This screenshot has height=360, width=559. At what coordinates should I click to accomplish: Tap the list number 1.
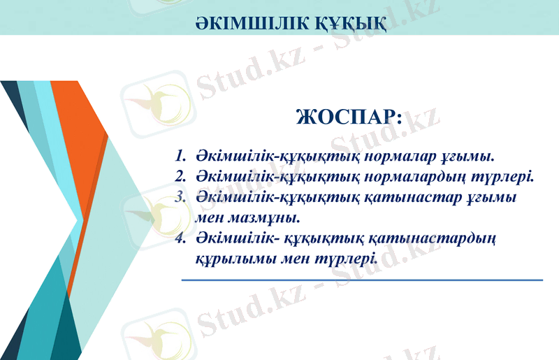pyautogui.click(x=180, y=154)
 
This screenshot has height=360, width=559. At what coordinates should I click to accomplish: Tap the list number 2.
pyautogui.click(x=180, y=175)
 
